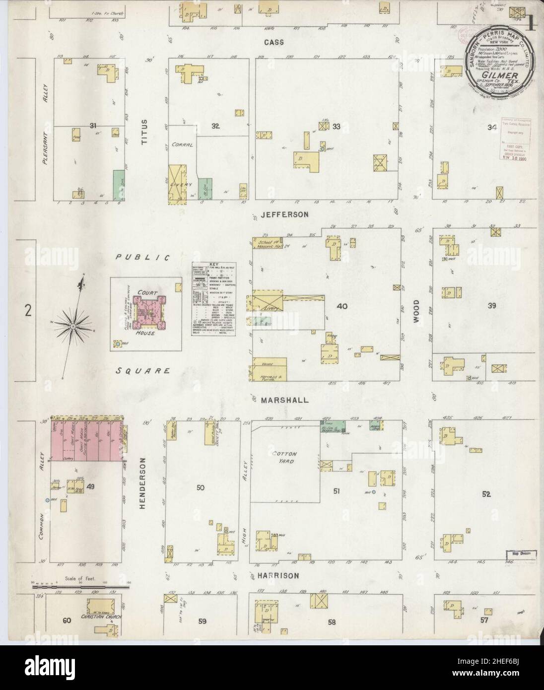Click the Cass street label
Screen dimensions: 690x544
pyautogui.click(x=274, y=42)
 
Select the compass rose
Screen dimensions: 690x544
pyautogui.click(x=85, y=325)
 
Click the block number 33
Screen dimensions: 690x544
pyautogui.click(x=337, y=127)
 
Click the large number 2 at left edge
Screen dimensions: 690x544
pyautogui.click(x=28, y=311)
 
